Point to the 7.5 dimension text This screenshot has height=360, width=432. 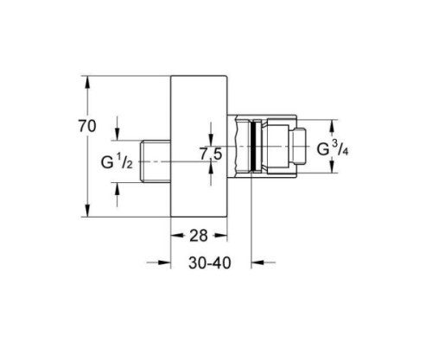click(x=212, y=156)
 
